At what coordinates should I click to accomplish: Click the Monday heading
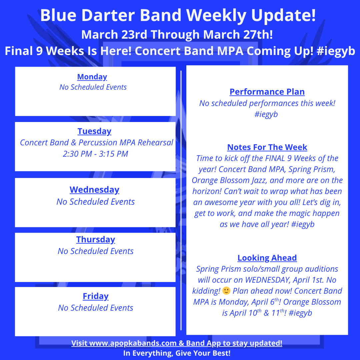(x=92, y=77)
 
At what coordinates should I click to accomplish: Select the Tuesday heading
(x=94, y=131)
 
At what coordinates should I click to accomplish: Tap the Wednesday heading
(x=94, y=190)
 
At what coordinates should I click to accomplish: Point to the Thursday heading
(x=96, y=239)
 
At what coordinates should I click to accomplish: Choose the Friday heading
(x=96, y=296)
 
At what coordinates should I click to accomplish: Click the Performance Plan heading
(x=267, y=92)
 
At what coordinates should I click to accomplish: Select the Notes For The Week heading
(x=267, y=147)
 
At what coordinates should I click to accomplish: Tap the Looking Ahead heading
(x=267, y=258)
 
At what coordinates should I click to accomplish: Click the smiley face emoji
(x=226, y=290)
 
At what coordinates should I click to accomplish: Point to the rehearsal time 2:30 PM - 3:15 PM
(x=96, y=154)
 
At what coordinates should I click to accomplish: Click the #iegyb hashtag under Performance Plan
(x=266, y=114)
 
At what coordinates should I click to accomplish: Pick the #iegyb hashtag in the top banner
(x=336, y=51)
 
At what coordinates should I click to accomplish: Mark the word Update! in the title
(x=284, y=16)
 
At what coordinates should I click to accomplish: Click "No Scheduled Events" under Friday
(x=96, y=308)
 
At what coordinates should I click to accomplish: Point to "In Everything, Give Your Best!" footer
(x=177, y=353)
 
